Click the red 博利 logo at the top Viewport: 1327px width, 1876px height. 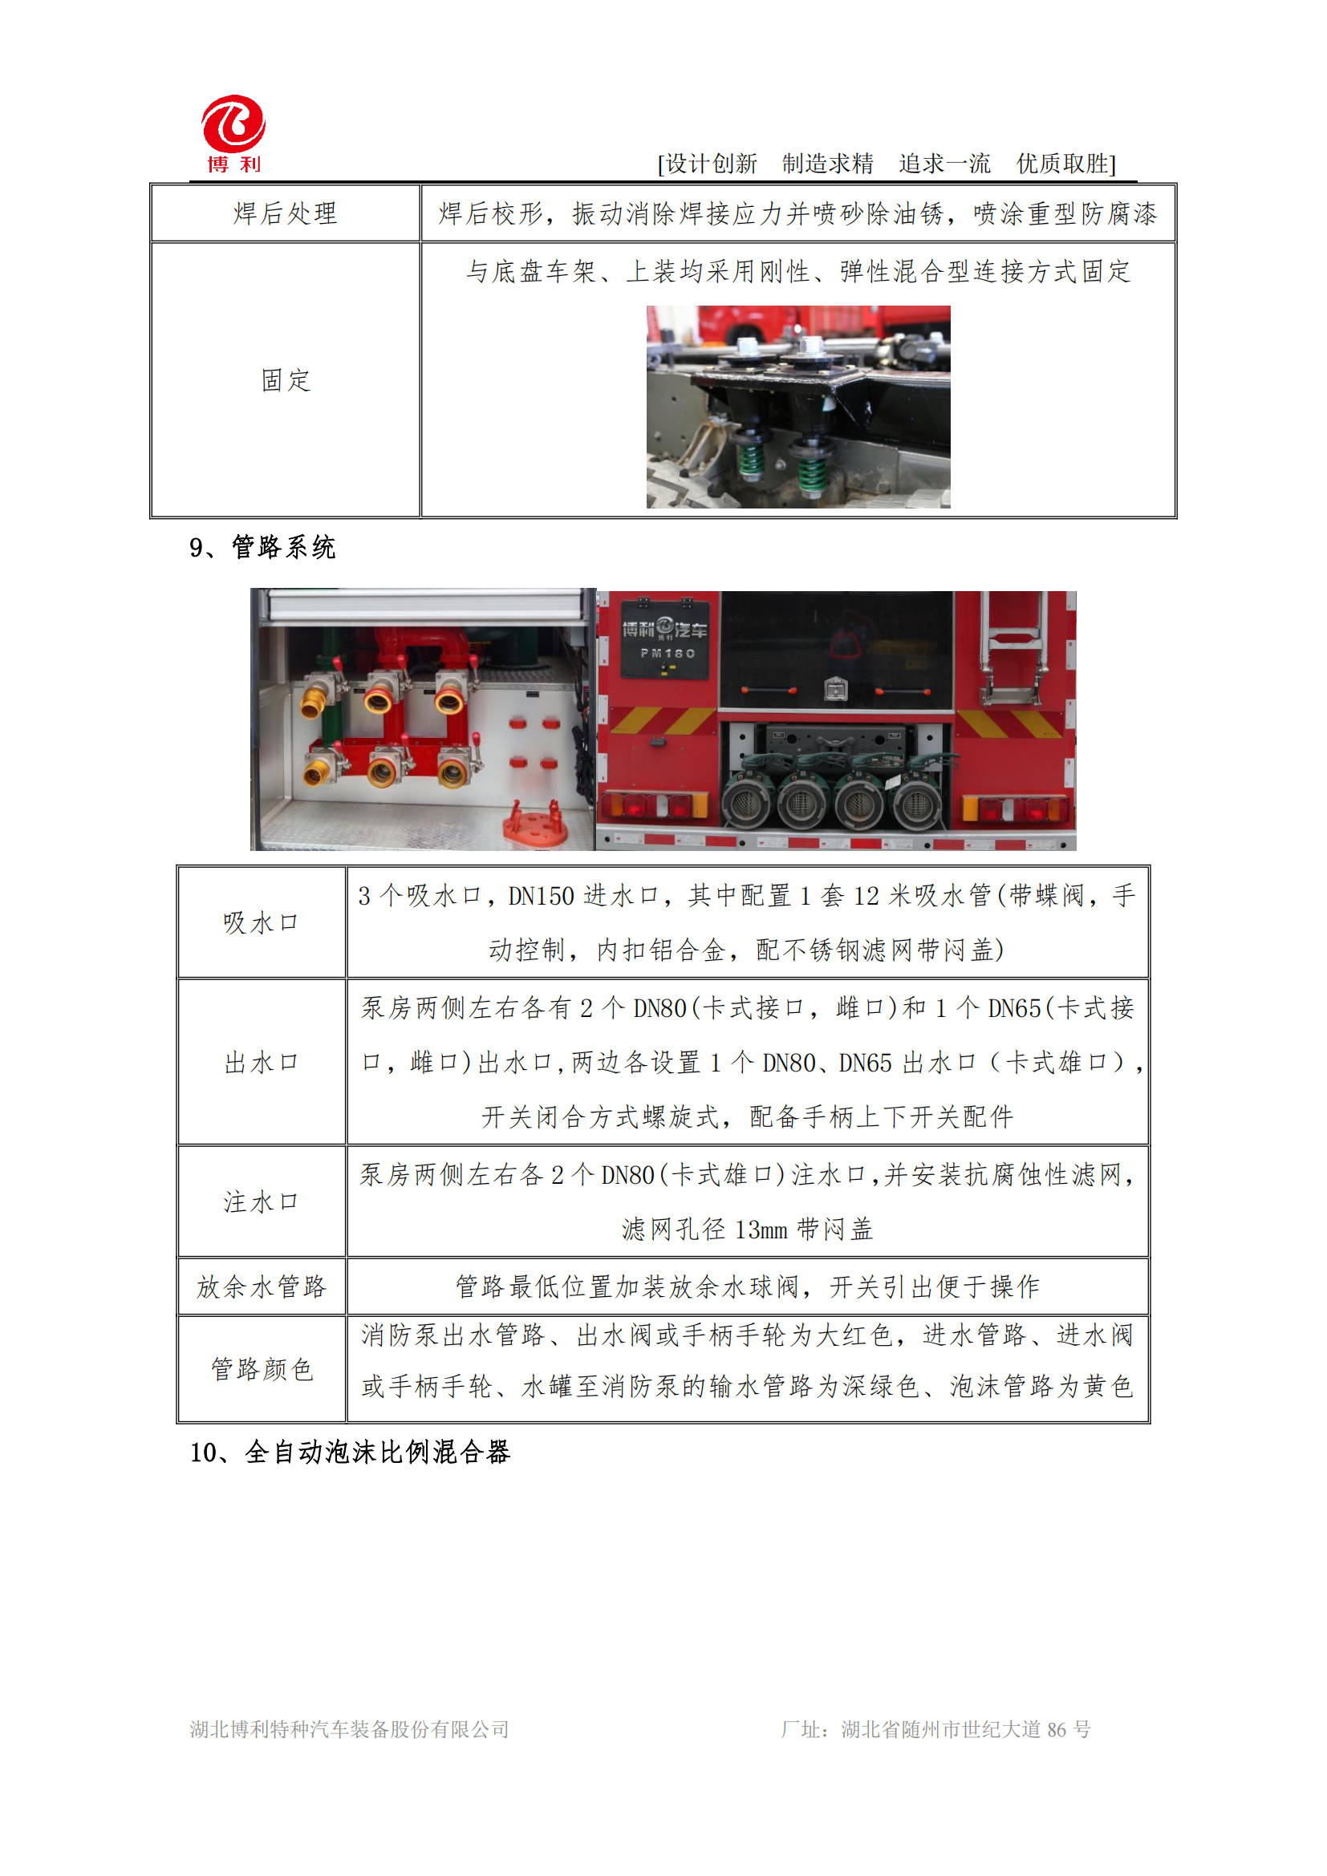pyautogui.click(x=233, y=133)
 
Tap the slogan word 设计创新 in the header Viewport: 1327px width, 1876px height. pyautogui.click(x=711, y=164)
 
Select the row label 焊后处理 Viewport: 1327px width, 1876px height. pyautogui.click(x=285, y=214)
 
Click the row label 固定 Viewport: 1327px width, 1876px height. pyautogui.click(x=285, y=380)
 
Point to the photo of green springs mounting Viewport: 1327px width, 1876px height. pyautogui.click(x=797, y=406)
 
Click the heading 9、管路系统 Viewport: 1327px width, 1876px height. pyautogui.click(x=262, y=548)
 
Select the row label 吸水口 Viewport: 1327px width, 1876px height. pyautogui.click(x=261, y=922)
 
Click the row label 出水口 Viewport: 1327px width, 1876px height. pyautogui.click(x=261, y=1062)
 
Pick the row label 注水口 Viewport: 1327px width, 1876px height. pyautogui.click(x=261, y=1202)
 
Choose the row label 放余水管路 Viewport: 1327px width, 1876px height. pyautogui.click(x=261, y=1286)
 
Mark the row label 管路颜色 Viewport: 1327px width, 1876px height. pyautogui.click(x=261, y=1369)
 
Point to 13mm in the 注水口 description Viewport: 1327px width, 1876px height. pyautogui.click(x=761, y=1230)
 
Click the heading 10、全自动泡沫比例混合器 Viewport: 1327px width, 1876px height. pyautogui.click(x=350, y=1452)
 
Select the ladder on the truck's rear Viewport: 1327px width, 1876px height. pyautogui.click(x=1013, y=646)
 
